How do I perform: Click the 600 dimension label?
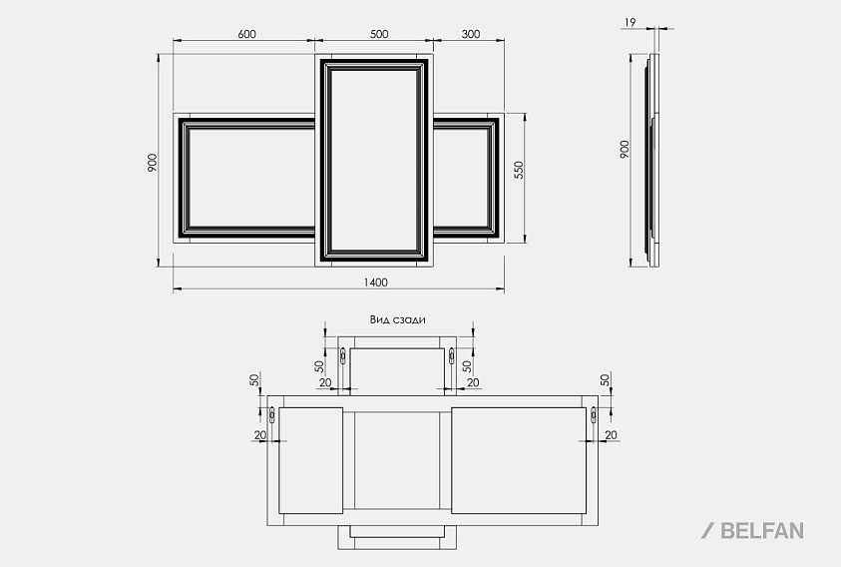pos(246,34)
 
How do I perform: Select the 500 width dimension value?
pos(379,34)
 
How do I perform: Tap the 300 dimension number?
pos(470,34)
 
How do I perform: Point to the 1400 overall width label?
pos(375,283)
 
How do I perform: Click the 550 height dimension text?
pos(518,170)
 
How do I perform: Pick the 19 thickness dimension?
pos(631,23)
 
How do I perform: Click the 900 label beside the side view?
pos(625,150)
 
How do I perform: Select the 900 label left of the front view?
pos(153,163)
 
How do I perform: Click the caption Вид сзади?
pos(397,320)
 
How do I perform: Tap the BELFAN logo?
pos(752,530)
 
